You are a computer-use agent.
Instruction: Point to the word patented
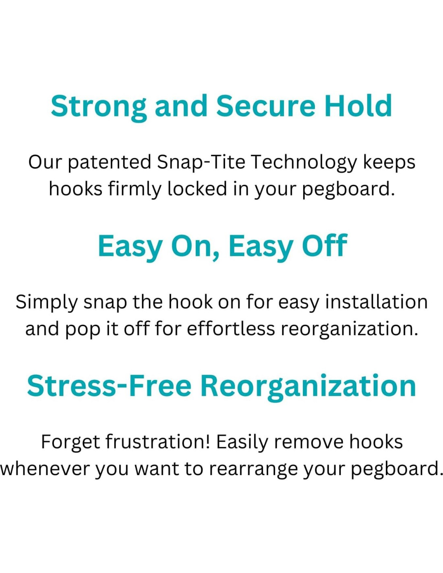[x=110, y=163]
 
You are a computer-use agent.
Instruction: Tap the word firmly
[x=135, y=190]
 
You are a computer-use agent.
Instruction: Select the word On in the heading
[x=195, y=246]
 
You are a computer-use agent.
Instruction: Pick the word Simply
[x=46, y=303]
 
